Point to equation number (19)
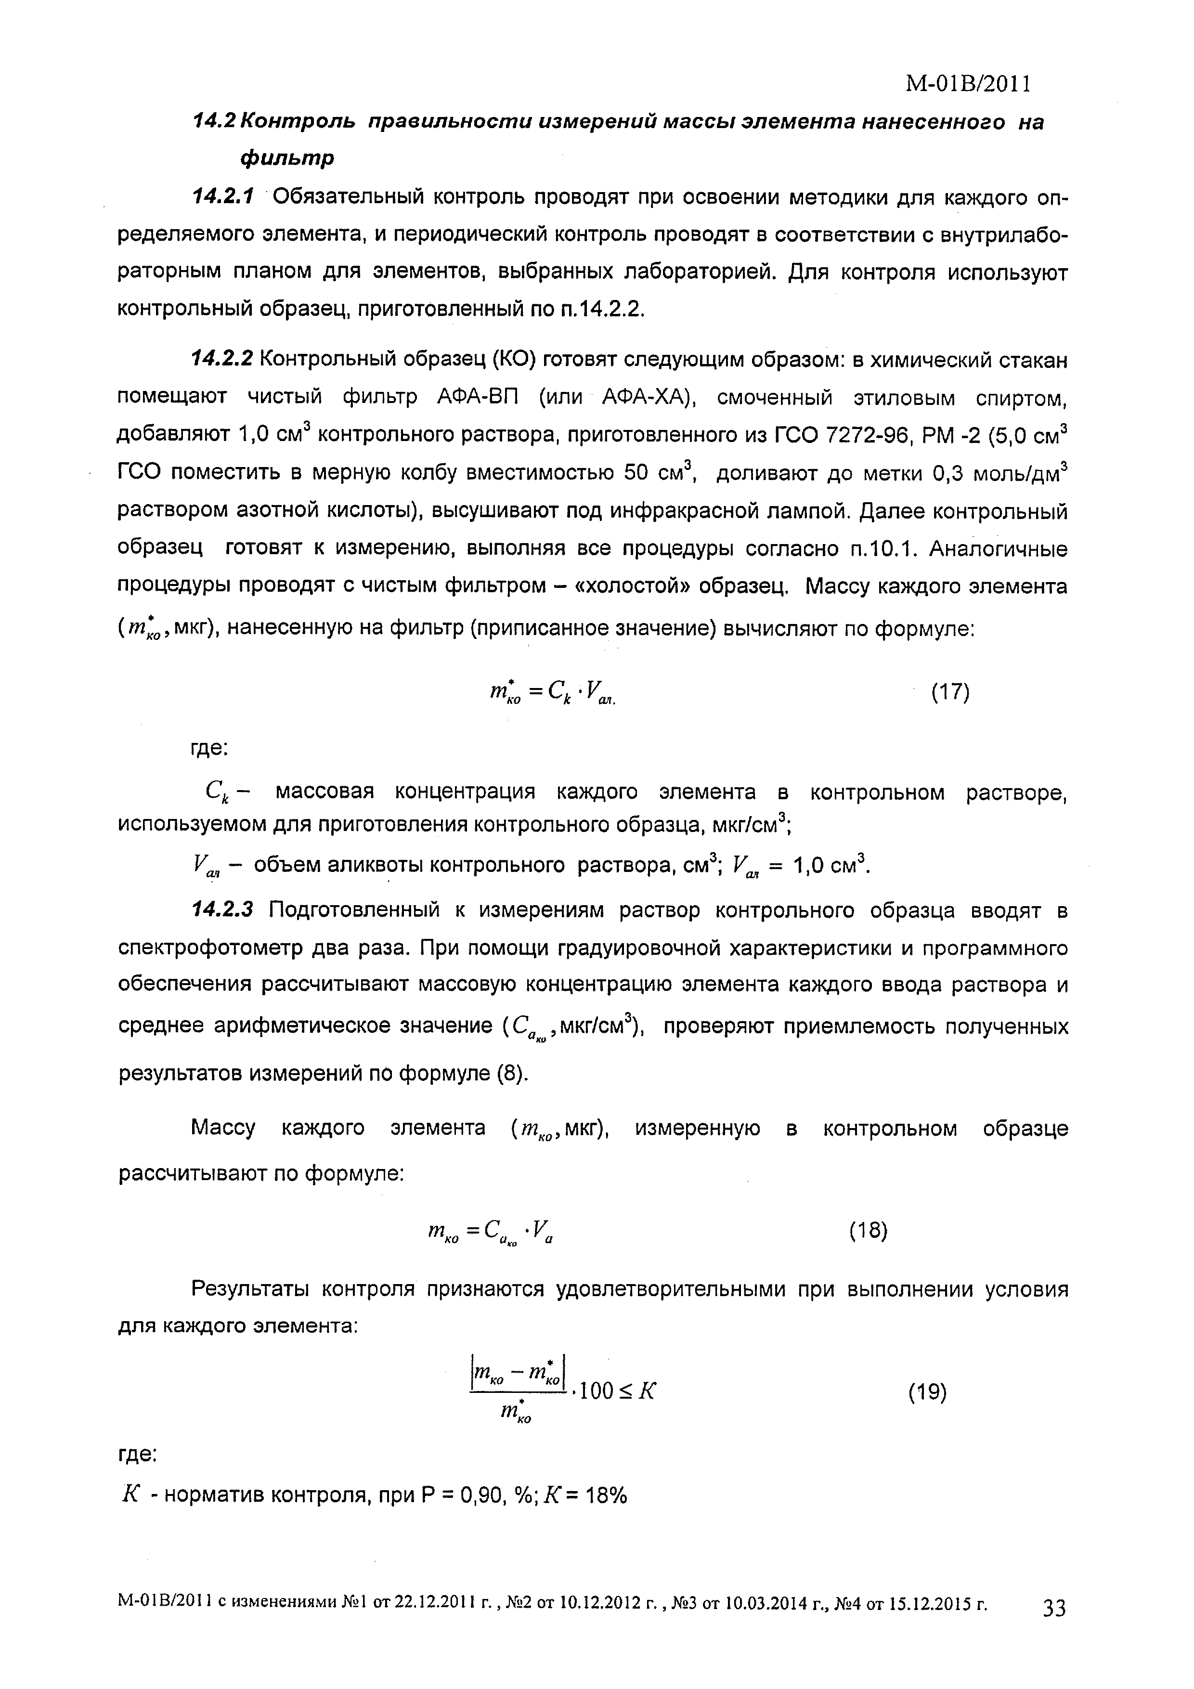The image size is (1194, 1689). (927, 1392)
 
